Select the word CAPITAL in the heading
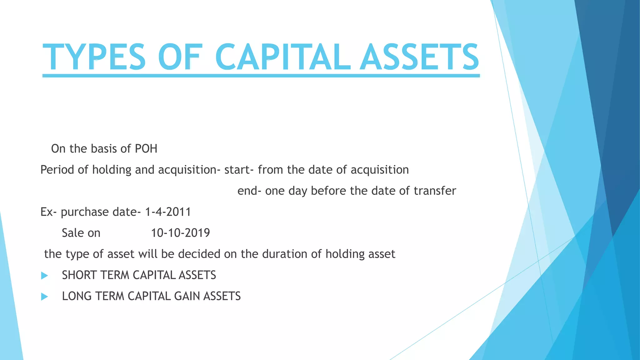coord(283,57)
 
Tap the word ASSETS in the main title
coord(419,57)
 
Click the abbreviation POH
coord(146,149)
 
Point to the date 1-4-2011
coord(168,212)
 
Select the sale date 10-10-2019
coord(180,233)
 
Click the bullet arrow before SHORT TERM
coord(44,276)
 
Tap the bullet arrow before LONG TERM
coord(44,297)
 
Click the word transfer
coord(435,191)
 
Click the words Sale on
coord(81,233)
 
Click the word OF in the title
coord(180,57)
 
